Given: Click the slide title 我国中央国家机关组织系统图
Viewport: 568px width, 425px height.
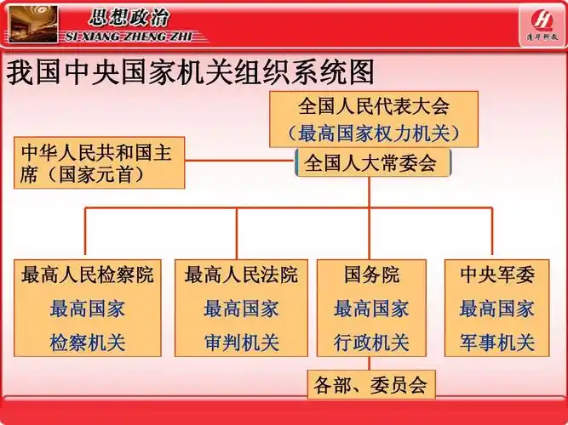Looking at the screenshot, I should tap(191, 73).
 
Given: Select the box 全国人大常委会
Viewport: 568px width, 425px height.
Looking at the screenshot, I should tap(370, 162).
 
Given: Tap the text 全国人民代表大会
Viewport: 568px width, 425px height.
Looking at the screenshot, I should tap(373, 106).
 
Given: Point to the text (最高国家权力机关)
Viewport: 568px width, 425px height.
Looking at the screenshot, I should tap(373, 133).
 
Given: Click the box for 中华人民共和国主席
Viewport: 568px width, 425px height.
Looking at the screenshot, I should tap(99, 162).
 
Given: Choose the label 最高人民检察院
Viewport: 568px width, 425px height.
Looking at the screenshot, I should tap(88, 275).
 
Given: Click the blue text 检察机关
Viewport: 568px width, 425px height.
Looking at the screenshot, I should tap(88, 343).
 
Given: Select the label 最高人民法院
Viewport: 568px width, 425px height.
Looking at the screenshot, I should tap(241, 275).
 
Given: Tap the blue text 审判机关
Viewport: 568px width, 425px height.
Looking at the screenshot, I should tap(241, 343).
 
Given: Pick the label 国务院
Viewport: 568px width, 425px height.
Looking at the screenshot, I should tap(371, 275).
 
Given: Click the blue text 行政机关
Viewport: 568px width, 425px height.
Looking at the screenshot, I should tap(371, 343).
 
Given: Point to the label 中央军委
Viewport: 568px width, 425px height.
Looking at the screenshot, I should tap(497, 275).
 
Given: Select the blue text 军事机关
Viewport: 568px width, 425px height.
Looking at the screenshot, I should tap(497, 343).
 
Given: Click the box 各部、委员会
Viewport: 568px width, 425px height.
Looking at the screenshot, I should tap(370, 385).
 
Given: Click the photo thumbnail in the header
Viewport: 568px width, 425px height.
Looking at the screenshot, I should tap(31, 24).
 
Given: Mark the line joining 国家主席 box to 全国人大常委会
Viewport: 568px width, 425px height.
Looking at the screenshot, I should tap(240, 161).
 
